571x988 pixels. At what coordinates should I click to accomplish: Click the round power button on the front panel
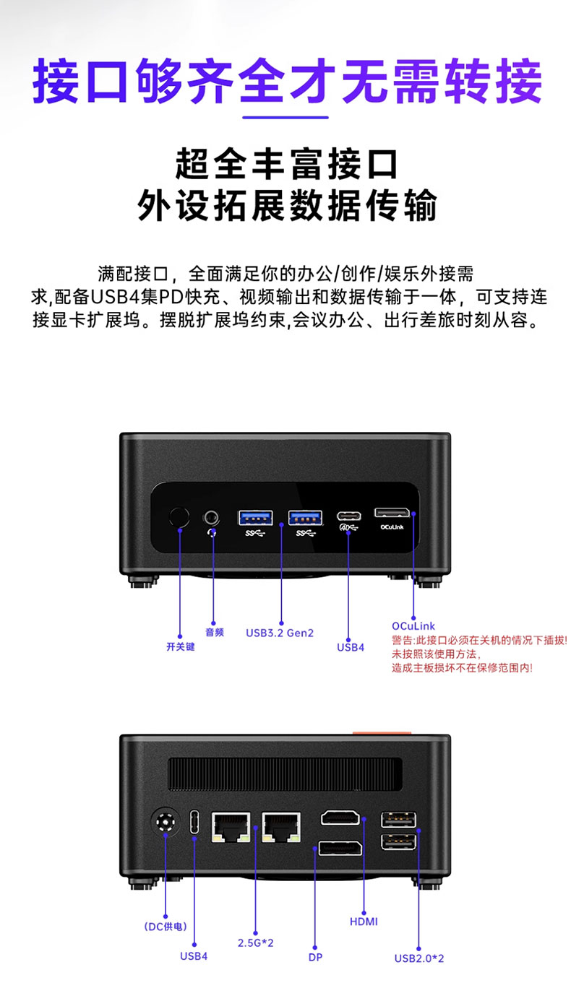coord(179,517)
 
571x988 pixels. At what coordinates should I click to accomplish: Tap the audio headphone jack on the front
coord(212,517)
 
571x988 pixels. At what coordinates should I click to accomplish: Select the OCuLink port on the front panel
coord(392,513)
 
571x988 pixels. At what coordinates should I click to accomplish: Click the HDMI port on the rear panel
coord(342,818)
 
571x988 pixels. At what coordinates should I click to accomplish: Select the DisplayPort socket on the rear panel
coord(340,849)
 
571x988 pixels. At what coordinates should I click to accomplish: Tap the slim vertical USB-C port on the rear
coord(194,823)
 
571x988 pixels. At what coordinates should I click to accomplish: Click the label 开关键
coord(180,646)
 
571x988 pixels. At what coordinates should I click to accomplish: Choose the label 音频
coord(215,632)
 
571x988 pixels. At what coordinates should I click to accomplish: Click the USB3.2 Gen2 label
coord(280,633)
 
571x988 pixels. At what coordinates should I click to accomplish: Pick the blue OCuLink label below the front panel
coord(413,625)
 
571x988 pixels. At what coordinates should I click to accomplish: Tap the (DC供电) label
coord(166,927)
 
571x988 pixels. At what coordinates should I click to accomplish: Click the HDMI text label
coord(364,922)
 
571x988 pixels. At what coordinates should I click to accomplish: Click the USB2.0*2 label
coord(419,958)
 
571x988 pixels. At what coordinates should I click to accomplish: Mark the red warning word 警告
coord(403,640)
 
